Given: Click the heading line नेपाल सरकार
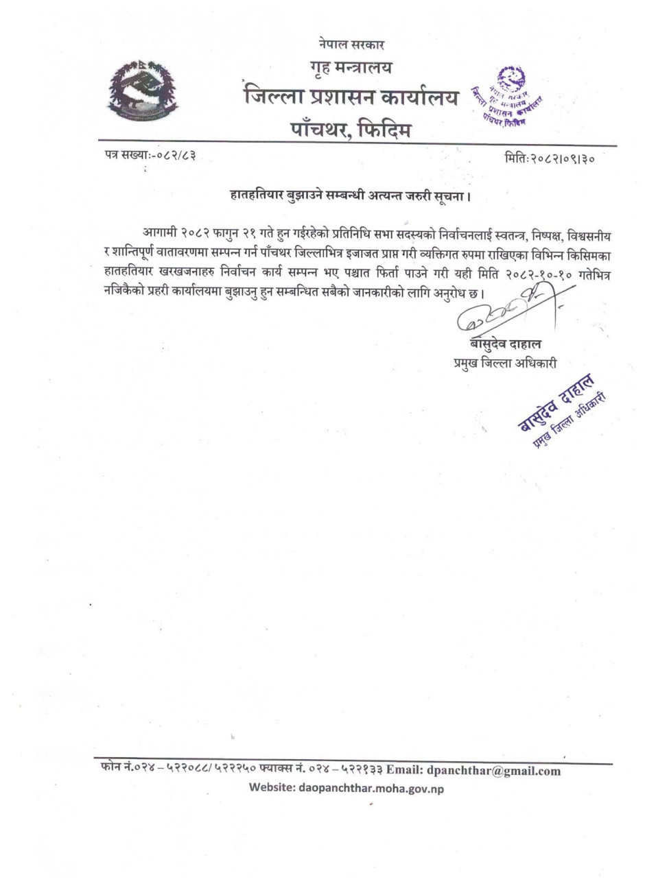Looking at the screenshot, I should [351, 45].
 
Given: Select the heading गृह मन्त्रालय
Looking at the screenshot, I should [351, 69].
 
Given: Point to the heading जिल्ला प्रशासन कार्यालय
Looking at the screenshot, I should [350, 98].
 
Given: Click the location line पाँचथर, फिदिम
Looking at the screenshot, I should [350, 128].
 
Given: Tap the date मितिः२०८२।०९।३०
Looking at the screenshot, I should [549, 158].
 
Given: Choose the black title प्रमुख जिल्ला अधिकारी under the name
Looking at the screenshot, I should [504, 363].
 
